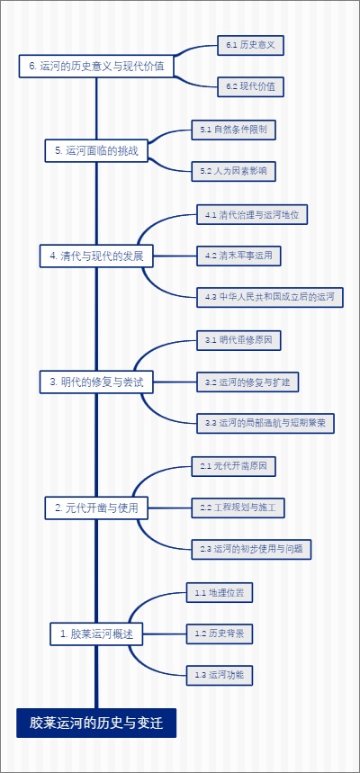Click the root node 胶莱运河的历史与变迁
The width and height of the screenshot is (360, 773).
pyautogui.click(x=95, y=723)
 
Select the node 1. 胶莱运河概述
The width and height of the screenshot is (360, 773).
pyautogui.click(x=95, y=634)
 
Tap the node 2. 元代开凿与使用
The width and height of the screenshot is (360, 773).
pyautogui.click(x=96, y=508)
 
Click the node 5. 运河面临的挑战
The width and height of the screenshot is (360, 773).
pyautogui.click(x=96, y=151)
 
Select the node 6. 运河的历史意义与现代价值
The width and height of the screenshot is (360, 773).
pyautogui.click(x=96, y=66)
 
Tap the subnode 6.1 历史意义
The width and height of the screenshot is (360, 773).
pyautogui.click(x=251, y=45)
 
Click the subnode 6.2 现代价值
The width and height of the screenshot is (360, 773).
pyautogui.click(x=251, y=86)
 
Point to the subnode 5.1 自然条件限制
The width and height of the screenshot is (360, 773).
pyautogui.click(x=233, y=130)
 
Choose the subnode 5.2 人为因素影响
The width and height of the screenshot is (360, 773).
pyautogui.click(x=233, y=171)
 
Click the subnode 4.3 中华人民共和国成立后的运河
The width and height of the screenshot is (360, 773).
pyautogui.click(x=270, y=296)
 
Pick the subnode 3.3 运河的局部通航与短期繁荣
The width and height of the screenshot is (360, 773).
pyautogui.click(x=266, y=422)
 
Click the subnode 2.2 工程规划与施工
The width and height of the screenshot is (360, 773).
pyautogui.click(x=238, y=508)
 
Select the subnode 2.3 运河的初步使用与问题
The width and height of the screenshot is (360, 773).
pyautogui.click(x=251, y=548)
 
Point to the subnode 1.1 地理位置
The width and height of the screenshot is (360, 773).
pyautogui.click(x=220, y=593)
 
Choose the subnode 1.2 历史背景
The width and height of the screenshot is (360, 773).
pyautogui.click(x=220, y=634)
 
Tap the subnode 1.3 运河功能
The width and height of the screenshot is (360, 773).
pyautogui.click(x=220, y=674)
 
